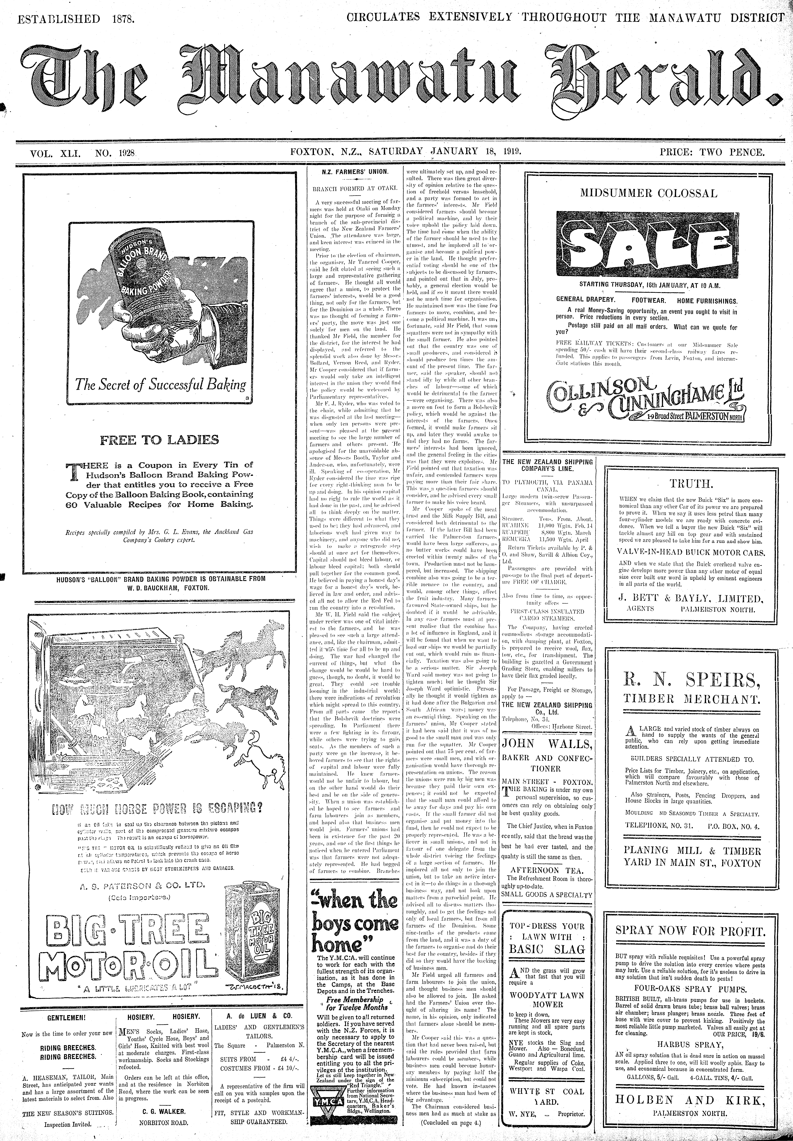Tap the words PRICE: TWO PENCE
[712, 153]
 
